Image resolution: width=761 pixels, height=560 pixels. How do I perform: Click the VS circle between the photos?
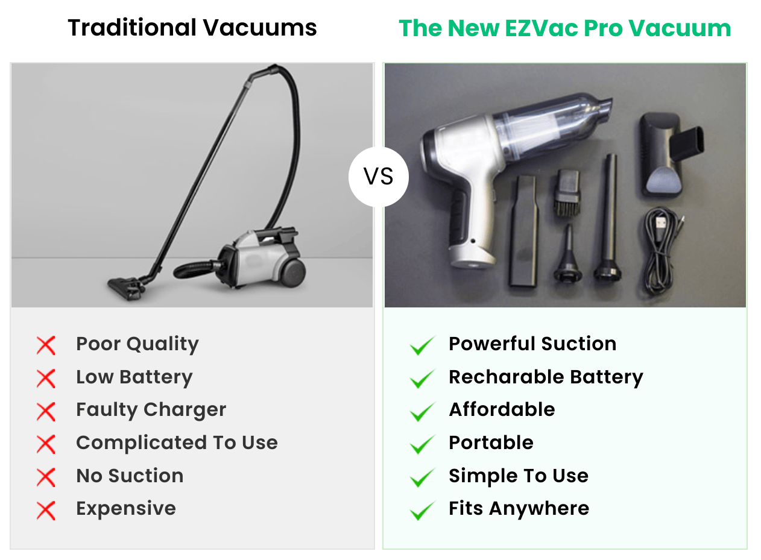(379, 177)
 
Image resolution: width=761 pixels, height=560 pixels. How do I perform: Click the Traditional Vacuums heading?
(192, 28)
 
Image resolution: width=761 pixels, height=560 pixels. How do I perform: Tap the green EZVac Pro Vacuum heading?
(565, 28)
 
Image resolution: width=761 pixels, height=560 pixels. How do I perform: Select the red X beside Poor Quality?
(46, 346)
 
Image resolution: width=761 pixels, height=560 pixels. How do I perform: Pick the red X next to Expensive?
(46, 511)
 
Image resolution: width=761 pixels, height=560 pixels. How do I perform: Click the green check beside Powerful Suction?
(422, 346)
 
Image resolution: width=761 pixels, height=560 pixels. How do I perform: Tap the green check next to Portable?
(422, 445)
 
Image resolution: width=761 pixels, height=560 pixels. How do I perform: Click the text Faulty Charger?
(151, 410)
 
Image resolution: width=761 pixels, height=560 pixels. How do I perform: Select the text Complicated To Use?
(177, 443)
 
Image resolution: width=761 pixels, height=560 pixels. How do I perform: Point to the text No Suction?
(130, 476)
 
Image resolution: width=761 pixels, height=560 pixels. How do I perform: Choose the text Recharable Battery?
(546, 377)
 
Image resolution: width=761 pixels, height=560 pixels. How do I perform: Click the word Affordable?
(502, 410)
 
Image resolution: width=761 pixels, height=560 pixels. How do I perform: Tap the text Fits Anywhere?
(519, 508)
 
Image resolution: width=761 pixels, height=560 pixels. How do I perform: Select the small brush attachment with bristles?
(566, 192)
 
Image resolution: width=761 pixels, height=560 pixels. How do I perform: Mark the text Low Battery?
(134, 377)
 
